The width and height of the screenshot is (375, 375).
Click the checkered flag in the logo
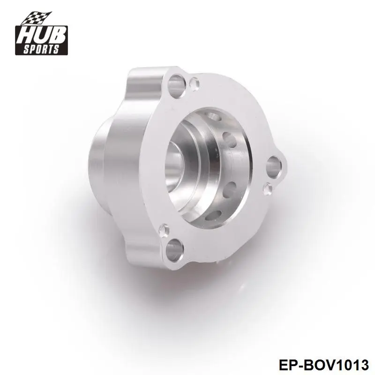(x=37, y=18)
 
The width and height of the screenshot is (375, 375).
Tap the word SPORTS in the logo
(x=41, y=49)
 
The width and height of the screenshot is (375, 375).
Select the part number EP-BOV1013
(x=323, y=365)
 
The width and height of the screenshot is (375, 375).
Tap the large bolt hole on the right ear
(x=273, y=166)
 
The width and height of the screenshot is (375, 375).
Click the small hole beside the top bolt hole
(x=195, y=83)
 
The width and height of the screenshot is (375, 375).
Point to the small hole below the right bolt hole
(x=268, y=189)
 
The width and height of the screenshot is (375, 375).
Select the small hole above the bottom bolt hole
(x=164, y=230)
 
